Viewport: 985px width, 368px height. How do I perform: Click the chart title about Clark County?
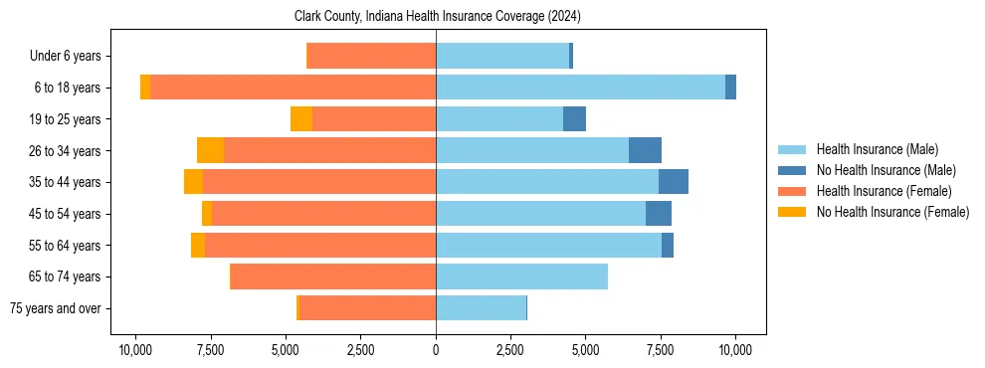point(438,17)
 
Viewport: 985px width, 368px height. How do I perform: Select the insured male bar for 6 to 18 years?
point(580,88)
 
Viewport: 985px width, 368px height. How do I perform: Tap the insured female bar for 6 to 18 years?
point(293,88)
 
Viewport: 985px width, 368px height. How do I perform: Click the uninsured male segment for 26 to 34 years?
point(645,150)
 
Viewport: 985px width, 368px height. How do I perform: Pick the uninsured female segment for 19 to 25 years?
point(301,119)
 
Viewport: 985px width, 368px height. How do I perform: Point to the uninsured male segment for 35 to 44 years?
point(674,182)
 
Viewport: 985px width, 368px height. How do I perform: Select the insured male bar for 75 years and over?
point(481,308)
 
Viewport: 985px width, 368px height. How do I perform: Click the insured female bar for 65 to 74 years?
point(333,276)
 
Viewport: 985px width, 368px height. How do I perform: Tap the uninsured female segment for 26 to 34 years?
point(210,150)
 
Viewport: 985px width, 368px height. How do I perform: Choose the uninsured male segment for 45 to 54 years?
point(659,214)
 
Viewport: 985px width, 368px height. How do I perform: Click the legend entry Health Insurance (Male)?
point(877,149)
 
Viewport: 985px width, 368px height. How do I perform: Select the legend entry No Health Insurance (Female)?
point(892,212)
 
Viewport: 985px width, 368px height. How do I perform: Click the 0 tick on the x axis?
point(436,350)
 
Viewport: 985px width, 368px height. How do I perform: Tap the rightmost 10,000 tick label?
point(735,350)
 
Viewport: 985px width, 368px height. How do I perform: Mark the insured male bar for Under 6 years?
point(502,56)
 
